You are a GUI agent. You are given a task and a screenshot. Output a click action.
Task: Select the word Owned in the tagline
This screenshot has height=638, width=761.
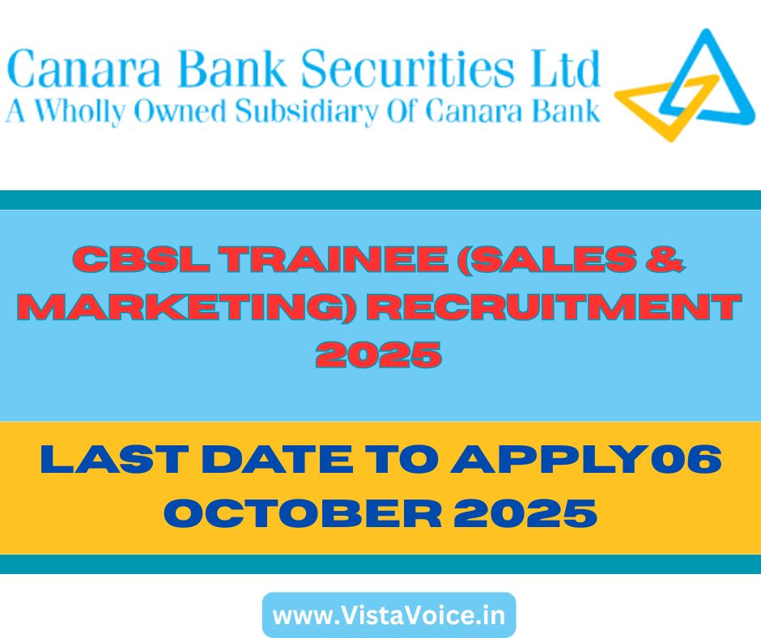coord(180,111)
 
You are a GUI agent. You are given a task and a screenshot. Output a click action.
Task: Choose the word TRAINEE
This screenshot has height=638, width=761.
coord(335,259)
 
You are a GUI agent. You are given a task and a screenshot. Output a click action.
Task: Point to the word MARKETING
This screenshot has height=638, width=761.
coord(186,308)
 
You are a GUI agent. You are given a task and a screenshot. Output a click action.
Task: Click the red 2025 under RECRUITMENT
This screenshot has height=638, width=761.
coord(379,355)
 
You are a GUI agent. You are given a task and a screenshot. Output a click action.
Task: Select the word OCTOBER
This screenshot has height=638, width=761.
coord(303,513)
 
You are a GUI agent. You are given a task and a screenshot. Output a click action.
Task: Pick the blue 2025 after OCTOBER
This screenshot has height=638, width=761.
coord(525,513)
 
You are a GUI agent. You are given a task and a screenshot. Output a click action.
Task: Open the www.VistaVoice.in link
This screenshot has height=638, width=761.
coord(389,615)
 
